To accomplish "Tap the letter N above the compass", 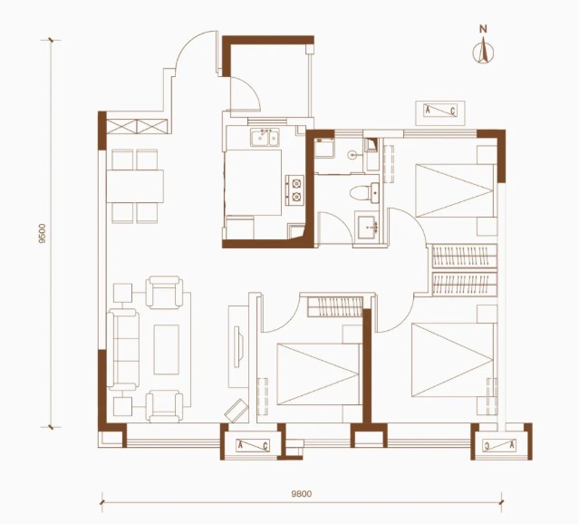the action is (x=483, y=29).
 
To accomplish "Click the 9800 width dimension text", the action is (x=302, y=494).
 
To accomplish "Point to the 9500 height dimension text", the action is (x=43, y=233).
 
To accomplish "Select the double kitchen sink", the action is (x=265, y=137).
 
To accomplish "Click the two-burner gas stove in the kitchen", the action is (x=294, y=190).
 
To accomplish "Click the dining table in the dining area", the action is (x=135, y=186).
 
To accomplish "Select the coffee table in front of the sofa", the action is (x=166, y=350).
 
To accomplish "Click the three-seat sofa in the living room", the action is (x=123, y=350).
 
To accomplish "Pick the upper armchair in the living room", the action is (x=164, y=292).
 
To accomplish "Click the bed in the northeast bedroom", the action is (x=455, y=190).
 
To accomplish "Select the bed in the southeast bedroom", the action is (x=453, y=360).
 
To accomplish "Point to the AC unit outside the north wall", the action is (x=440, y=111).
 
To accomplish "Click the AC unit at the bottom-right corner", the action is (x=501, y=446).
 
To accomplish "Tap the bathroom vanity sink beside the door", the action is (x=368, y=226).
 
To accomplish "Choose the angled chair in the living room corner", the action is (x=236, y=411).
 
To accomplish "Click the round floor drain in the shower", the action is (x=352, y=156).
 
